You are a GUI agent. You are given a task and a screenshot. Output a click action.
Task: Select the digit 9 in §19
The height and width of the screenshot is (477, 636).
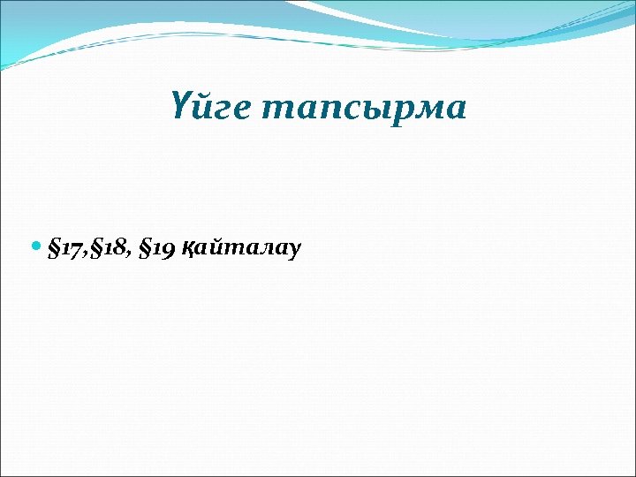[168, 250]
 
